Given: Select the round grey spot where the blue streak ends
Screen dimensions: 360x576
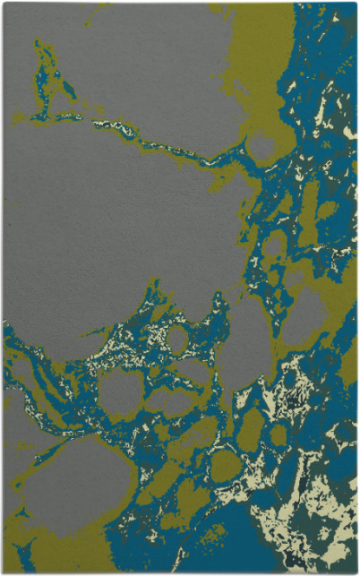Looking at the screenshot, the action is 261,145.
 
